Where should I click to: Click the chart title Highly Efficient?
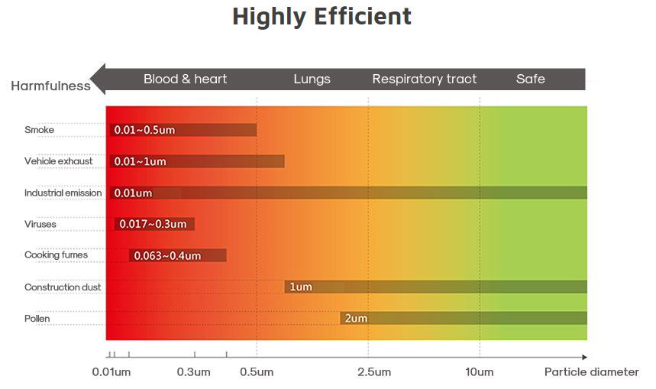pos(322,17)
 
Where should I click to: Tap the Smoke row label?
pos(39,130)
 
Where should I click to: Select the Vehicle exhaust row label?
pos(58,161)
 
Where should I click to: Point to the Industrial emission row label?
pos(63,193)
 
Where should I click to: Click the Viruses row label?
pos(41,224)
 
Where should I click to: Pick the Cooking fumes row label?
pos(56,255)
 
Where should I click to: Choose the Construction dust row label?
pos(63,287)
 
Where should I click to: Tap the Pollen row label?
pos(38,318)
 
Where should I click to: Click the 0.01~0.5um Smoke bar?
pos(183,130)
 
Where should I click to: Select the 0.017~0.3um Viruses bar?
pos(154,224)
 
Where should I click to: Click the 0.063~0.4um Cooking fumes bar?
pos(177,255)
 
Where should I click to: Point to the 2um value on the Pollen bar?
pos(356,318)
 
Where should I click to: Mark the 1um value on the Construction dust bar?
pos(301,287)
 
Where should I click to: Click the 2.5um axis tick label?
pos(374,372)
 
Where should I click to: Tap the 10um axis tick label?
pos(480,372)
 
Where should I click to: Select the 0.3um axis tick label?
pos(193,372)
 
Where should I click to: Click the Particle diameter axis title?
pos(591,372)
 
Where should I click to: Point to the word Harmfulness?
pos(50,86)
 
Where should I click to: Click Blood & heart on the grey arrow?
pos(185,79)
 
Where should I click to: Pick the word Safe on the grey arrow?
pos(530,79)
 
